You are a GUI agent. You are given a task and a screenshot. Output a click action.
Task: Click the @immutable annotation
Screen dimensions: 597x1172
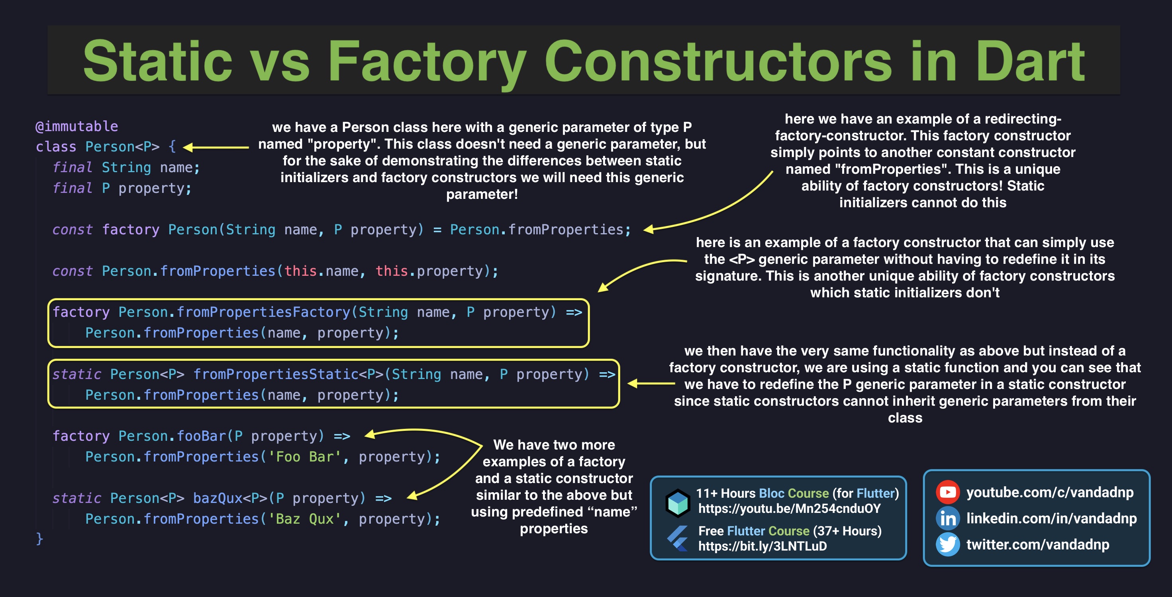click(77, 126)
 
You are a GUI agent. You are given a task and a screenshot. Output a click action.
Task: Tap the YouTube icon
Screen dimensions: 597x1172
click(948, 492)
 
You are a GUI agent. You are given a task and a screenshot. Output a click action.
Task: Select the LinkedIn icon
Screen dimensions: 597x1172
click(948, 518)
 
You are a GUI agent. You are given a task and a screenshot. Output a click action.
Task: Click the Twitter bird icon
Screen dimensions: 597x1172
click(948, 544)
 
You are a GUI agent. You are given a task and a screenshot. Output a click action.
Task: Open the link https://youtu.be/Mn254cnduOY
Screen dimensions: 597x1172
click(790, 509)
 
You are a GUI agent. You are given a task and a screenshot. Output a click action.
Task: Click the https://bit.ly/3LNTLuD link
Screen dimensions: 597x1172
click(762, 546)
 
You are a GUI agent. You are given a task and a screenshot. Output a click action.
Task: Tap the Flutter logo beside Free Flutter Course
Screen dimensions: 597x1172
click(678, 538)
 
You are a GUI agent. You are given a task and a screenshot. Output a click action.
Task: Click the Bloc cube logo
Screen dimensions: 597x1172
click(678, 503)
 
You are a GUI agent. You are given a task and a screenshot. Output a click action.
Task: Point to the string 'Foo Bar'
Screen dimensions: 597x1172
click(304, 456)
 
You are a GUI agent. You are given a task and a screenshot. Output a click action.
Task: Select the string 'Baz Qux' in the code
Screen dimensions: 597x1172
click(304, 519)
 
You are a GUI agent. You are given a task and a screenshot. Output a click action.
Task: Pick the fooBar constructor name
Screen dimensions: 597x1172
click(201, 436)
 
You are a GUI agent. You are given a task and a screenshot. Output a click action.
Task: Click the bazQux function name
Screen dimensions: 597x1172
click(218, 498)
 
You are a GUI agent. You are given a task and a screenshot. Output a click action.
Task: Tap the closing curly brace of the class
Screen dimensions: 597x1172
click(39, 539)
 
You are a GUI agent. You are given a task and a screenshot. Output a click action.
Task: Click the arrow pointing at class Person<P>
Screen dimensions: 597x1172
click(216, 147)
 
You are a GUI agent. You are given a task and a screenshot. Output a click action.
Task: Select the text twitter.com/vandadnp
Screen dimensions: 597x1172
click(1037, 544)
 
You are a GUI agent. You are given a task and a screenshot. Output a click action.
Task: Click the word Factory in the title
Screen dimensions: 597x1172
click(426, 61)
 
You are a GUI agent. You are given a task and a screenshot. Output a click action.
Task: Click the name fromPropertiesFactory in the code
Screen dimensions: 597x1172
click(263, 312)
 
